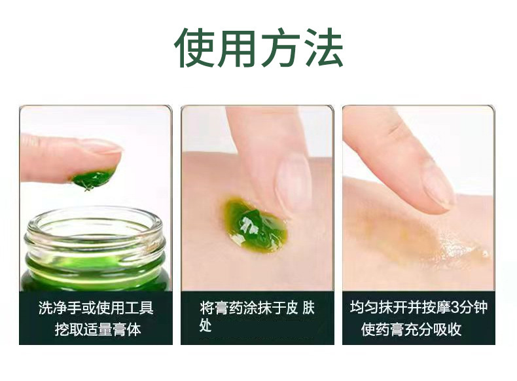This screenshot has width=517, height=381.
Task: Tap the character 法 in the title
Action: (x=323, y=48)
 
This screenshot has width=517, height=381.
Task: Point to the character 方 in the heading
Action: (x=280, y=48)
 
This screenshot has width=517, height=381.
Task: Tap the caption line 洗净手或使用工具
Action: (x=96, y=308)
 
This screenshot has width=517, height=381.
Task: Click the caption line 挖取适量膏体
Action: (x=98, y=329)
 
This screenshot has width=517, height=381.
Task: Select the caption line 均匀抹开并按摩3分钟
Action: (x=419, y=307)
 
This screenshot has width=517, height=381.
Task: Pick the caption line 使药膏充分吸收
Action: (x=411, y=329)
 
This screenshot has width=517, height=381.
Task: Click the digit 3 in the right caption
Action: (x=455, y=308)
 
